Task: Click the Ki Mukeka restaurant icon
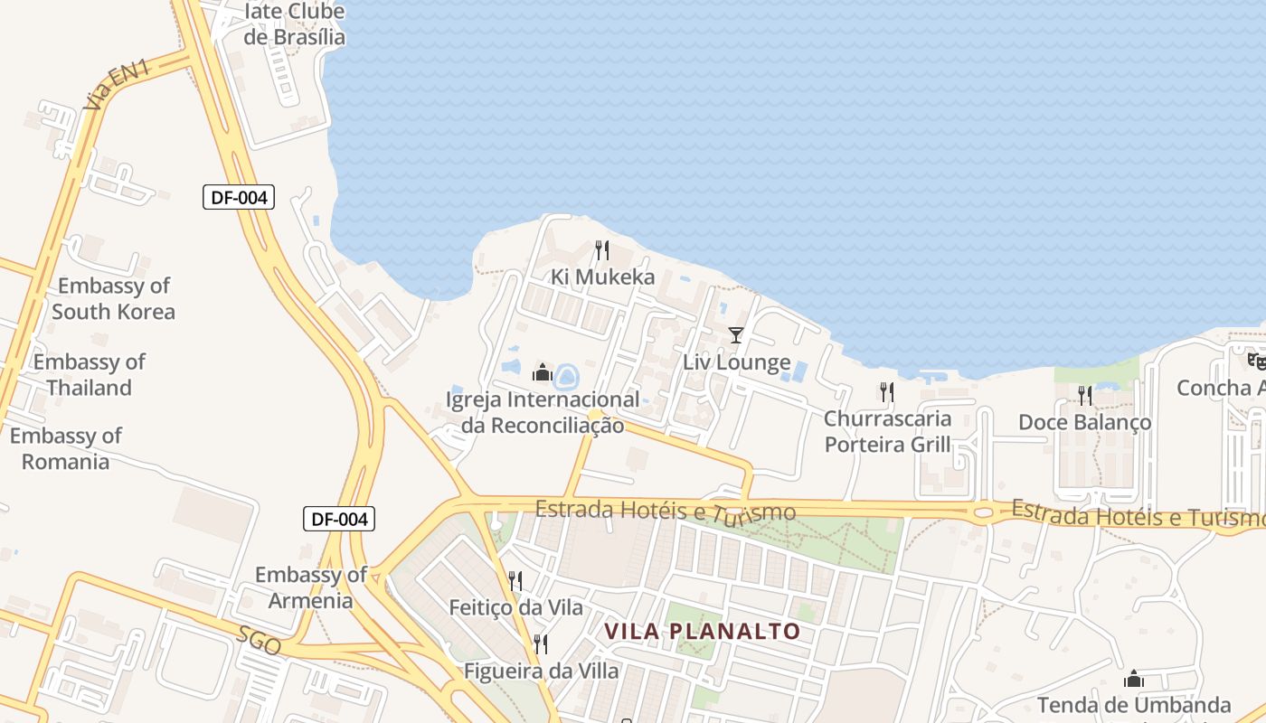[x=602, y=249]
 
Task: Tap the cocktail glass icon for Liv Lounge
[x=736, y=335]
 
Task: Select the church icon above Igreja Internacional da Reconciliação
[x=543, y=371]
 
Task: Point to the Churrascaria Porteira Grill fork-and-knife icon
[x=887, y=391]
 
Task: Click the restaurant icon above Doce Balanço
[x=1085, y=395]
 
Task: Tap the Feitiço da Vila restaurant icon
[x=515, y=580]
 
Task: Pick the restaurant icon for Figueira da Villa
[x=541, y=644]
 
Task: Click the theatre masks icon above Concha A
[x=1257, y=361]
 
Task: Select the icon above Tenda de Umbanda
[x=1134, y=679]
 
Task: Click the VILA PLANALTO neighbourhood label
[x=703, y=631]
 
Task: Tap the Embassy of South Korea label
[x=113, y=299]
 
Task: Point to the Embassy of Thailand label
[x=89, y=375]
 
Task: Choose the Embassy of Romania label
[x=65, y=448]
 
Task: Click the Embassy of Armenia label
[x=310, y=587]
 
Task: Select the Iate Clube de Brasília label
[x=295, y=24]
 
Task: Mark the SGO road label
[x=259, y=640]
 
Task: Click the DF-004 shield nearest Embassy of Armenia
[x=338, y=519]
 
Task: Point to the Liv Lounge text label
[x=736, y=363]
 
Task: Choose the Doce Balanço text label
[x=1084, y=422]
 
